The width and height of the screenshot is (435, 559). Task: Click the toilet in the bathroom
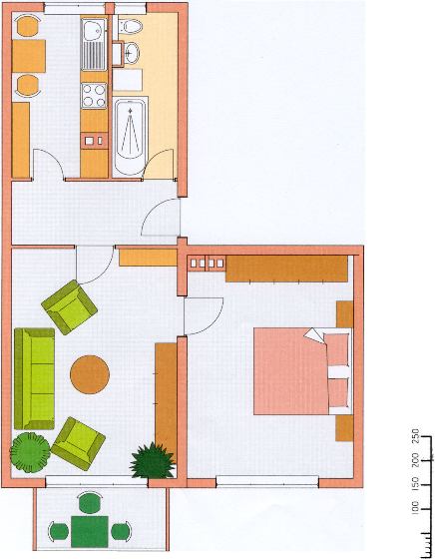pyautogui.click(x=130, y=26)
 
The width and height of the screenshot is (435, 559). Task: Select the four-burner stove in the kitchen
pyautogui.click(x=94, y=96)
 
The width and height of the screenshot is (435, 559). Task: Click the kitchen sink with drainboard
pyautogui.click(x=94, y=44)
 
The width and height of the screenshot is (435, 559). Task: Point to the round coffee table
pyautogui.click(x=90, y=374)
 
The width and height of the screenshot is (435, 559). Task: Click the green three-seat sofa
pyautogui.click(x=35, y=378)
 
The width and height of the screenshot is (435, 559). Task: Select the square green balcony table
pyautogui.click(x=90, y=531)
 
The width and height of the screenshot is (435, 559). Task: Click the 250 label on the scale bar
pyautogui.click(x=415, y=436)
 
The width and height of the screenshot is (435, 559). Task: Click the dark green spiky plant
pyautogui.click(x=152, y=460)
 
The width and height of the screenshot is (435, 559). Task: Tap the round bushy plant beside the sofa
pyautogui.click(x=30, y=452)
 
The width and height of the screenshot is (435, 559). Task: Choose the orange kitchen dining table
pyautogui.click(x=29, y=56)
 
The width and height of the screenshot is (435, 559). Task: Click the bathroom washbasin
pyautogui.click(x=131, y=53)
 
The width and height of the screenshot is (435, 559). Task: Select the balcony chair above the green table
pyautogui.click(x=90, y=502)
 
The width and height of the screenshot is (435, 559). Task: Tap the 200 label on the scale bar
pyautogui.click(x=415, y=460)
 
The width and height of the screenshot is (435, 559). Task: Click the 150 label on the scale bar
pyautogui.click(x=415, y=485)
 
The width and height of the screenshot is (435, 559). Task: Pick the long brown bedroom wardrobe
pyautogui.click(x=286, y=269)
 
